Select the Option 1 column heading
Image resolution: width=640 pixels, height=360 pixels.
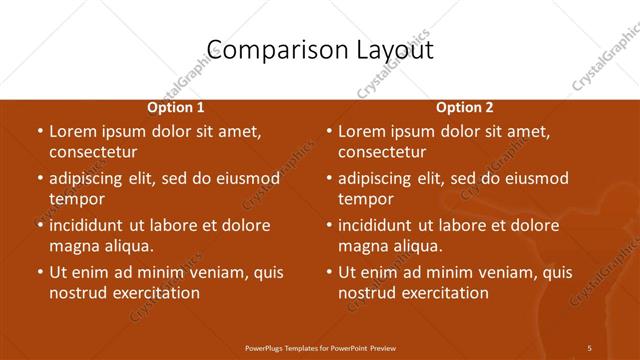click(x=176, y=107)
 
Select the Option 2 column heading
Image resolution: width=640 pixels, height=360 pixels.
click(x=464, y=107)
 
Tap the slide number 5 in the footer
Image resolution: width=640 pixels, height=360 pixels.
click(x=590, y=347)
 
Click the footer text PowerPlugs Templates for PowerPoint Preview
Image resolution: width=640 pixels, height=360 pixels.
click(x=319, y=347)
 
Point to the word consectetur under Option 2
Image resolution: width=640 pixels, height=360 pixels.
click(x=382, y=152)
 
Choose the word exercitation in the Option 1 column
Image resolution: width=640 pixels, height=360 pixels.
click(x=155, y=293)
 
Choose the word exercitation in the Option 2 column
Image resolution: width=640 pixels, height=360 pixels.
click(x=444, y=293)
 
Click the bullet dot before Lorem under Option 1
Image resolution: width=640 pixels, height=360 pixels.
click(x=40, y=131)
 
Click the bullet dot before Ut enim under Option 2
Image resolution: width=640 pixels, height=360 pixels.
click(x=329, y=272)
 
